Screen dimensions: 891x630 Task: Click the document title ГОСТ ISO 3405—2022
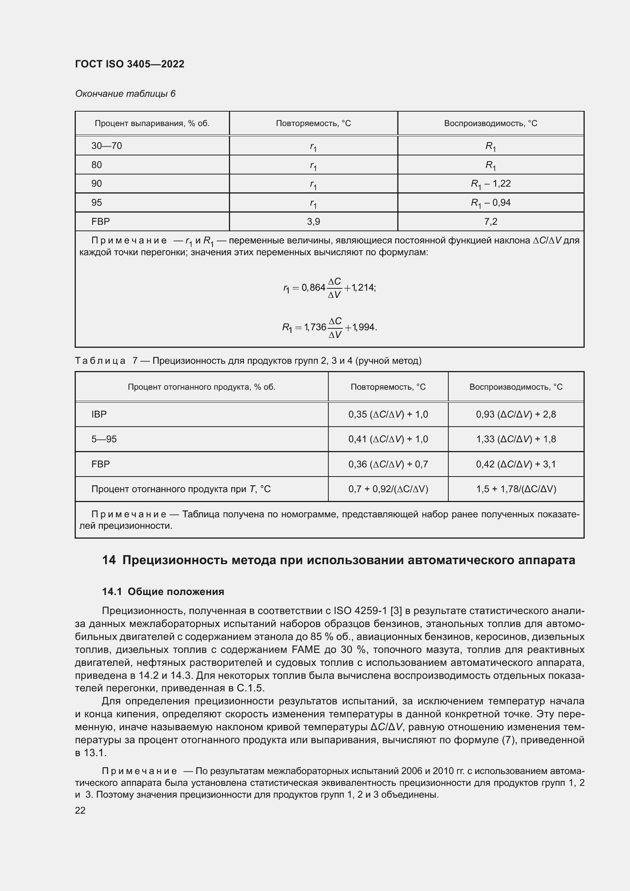click(130, 64)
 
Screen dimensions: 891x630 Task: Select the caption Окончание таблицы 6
click(125, 94)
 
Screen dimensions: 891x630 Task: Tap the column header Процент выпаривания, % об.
click(152, 123)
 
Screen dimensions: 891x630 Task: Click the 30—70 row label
click(107, 146)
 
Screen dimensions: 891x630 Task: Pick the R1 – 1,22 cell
click(491, 184)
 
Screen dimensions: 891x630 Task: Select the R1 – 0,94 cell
click(491, 203)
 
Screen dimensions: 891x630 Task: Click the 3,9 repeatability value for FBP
click(313, 222)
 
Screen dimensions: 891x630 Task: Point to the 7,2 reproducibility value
click(491, 222)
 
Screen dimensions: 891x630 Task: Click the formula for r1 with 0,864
click(329, 288)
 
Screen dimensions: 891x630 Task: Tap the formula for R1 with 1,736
click(329, 327)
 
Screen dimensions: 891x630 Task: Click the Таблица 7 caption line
click(248, 361)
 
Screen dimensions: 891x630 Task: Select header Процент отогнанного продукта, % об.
click(202, 387)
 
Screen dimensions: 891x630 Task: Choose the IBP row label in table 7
click(99, 414)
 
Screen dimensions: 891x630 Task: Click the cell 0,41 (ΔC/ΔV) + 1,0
click(388, 439)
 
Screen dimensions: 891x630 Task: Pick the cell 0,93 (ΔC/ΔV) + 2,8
click(516, 414)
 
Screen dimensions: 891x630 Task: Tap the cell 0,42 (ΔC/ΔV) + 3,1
click(516, 464)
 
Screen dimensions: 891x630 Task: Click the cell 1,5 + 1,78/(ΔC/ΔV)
click(516, 489)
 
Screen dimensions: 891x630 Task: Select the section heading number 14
click(109, 560)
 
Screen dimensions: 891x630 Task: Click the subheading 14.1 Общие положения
click(163, 592)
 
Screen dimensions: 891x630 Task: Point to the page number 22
click(80, 810)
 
